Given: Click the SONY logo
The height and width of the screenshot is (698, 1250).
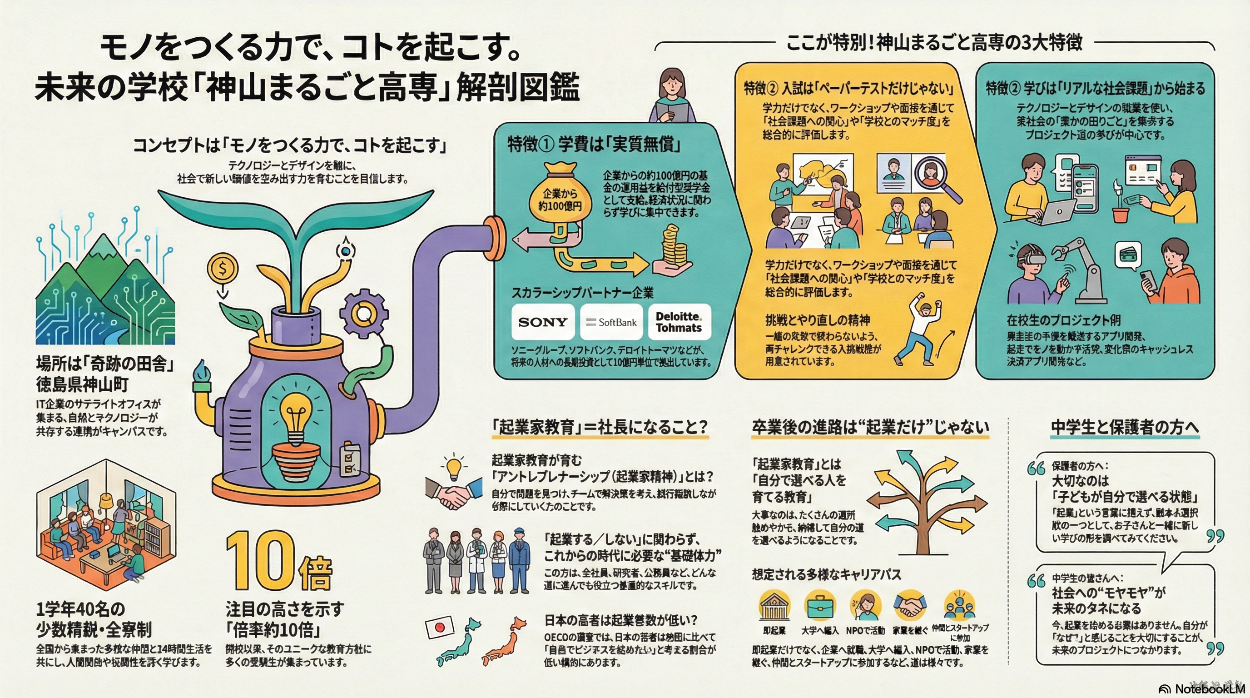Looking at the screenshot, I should click(542, 322).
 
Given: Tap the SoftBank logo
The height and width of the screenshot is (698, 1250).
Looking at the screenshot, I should click(611, 322).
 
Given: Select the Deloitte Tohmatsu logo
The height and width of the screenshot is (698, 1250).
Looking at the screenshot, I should click(679, 322).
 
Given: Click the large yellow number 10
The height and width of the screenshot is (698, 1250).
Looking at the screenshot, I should click(261, 563).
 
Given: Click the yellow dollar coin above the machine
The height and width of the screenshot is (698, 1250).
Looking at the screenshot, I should click(223, 268).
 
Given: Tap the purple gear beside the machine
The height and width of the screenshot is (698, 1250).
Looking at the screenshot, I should click(363, 313).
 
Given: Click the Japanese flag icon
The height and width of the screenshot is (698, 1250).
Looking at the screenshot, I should click(440, 627).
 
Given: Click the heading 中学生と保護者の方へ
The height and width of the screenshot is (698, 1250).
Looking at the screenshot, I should click(1124, 427).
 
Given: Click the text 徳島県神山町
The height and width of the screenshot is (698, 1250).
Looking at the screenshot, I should click(82, 384).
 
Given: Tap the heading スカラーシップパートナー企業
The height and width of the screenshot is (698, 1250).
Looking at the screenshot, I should click(582, 293).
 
